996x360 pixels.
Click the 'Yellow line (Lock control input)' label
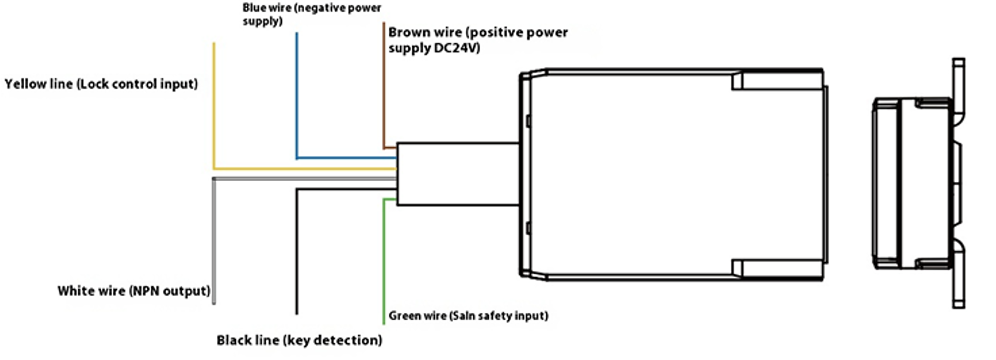[101, 84]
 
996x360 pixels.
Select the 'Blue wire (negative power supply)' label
[312, 14]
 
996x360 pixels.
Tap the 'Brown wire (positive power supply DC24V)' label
[478, 40]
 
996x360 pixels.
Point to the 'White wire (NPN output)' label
[134, 291]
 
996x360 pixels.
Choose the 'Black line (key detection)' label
[299, 340]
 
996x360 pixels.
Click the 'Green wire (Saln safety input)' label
[468, 316]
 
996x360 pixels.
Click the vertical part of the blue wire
[297, 95]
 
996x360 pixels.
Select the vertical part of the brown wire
[384, 86]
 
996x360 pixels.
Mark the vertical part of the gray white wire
[214, 241]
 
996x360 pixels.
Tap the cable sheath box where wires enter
[458, 174]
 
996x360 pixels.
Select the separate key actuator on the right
[917, 183]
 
